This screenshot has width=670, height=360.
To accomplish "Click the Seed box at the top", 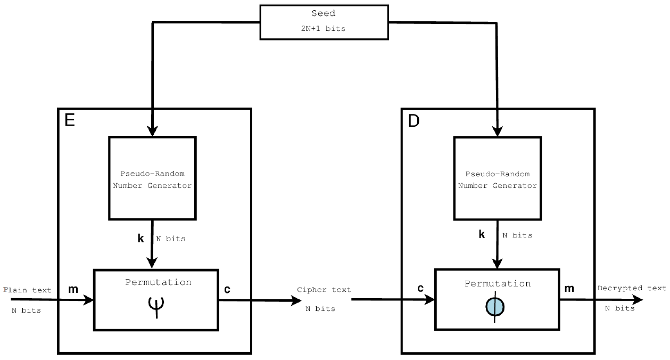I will (324, 22).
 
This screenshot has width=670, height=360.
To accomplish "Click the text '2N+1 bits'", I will (324, 29).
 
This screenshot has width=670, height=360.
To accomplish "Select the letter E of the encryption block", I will (70, 120).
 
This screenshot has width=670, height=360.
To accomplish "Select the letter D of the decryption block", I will (413, 121).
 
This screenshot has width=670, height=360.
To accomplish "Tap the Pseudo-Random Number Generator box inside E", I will (152, 178).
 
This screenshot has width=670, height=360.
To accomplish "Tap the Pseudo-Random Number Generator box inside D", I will (497, 178).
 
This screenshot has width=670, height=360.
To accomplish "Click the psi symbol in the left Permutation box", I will (156, 305).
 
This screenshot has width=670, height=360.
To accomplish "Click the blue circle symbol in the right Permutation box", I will (495, 307).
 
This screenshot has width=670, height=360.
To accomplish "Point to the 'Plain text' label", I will (27, 290).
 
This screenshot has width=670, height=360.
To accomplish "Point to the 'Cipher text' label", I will (324, 290).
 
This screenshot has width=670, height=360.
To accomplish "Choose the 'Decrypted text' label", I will (631, 288).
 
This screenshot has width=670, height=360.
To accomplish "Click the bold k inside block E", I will (140, 238).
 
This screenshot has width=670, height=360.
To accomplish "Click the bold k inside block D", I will (482, 234).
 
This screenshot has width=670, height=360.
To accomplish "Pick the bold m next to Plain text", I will (74, 289).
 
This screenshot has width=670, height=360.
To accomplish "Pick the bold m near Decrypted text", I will (569, 288).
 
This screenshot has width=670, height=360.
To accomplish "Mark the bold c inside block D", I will (420, 288).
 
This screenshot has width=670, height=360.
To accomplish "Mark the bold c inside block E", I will (227, 289).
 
